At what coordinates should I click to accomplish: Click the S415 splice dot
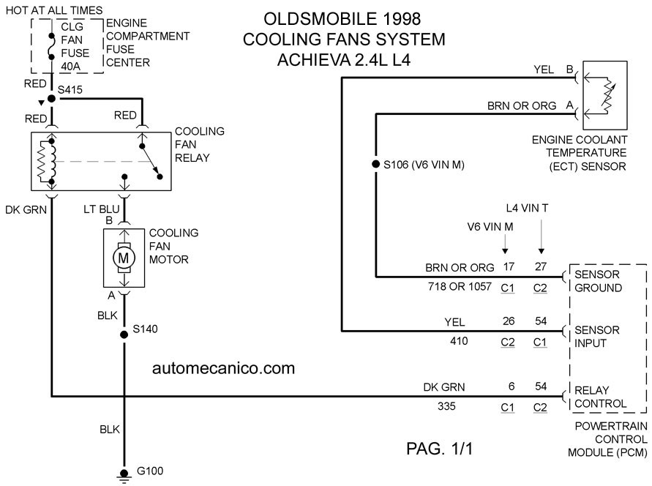click(51, 99)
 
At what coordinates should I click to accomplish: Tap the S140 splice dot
click(124, 334)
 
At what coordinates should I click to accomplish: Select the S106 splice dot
click(376, 164)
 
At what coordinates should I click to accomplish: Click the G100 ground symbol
click(124, 475)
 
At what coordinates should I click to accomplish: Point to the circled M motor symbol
click(124, 258)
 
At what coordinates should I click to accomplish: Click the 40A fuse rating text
click(71, 67)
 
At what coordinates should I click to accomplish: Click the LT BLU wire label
click(102, 209)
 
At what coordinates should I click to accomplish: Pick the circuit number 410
click(459, 341)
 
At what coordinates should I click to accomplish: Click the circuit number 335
click(446, 406)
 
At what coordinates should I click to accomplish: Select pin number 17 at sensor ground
click(509, 266)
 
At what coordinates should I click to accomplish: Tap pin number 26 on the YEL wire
click(509, 321)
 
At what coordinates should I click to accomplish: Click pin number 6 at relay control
click(512, 386)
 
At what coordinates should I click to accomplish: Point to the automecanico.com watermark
click(224, 368)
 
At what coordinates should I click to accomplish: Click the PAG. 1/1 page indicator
click(440, 449)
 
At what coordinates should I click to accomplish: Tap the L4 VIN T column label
click(528, 208)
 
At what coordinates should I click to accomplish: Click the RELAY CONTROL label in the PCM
click(601, 397)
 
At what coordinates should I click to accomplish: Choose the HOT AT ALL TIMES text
click(54, 10)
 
